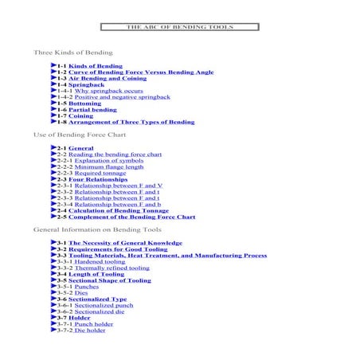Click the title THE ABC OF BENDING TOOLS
pyautogui.click(x=179, y=27)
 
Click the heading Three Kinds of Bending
pyautogui.click(x=72, y=52)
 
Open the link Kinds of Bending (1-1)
pyautogui.click(x=96, y=65)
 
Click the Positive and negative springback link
pyautogui.click(x=122, y=97)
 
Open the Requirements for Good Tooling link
pyautogui.click(x=118, y=248)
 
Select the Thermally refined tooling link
pyautogui.click(x=112, y=268)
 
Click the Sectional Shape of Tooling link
pyautogui.click(x=109, y=280)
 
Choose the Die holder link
pyautogui.click(x=90, y=330)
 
